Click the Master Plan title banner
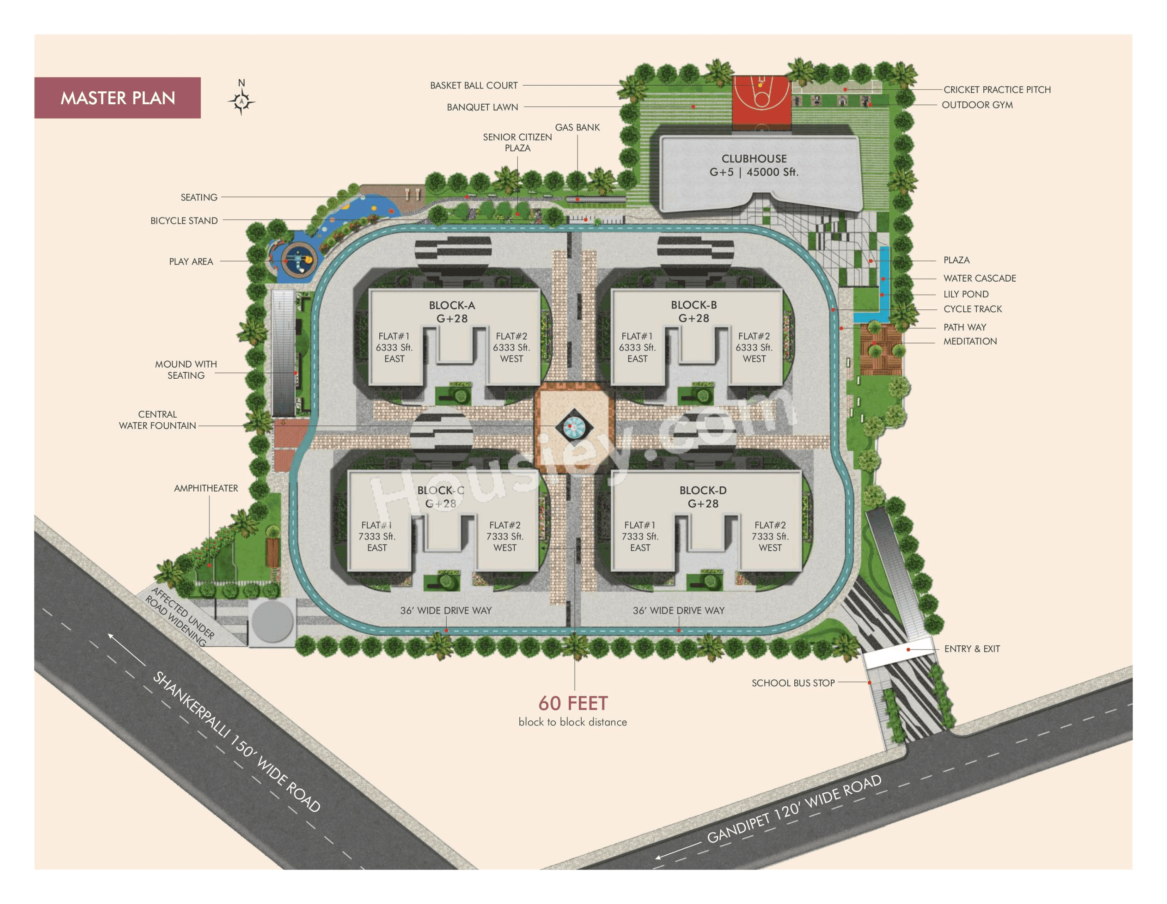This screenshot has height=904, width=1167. pos(118,98)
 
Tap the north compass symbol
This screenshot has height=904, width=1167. pos(241,100)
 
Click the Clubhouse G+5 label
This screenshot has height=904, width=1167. pos(754,165)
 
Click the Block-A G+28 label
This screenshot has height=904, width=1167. pos(452,312)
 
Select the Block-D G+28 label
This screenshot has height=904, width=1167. pos(703,497)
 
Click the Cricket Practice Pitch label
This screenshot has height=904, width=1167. pos(997,90)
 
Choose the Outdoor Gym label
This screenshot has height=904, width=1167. pos(977,105)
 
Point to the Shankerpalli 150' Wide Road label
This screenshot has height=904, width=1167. pos(237,742)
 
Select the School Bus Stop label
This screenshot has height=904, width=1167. pos(793,683)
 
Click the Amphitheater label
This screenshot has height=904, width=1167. pos(206,488)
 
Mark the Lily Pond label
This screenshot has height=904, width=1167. pos(966,294)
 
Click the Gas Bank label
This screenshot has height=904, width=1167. pos(577,127)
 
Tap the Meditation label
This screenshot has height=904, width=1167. pos(970,341)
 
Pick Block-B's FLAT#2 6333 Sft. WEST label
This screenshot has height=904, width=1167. pos(754,348)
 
